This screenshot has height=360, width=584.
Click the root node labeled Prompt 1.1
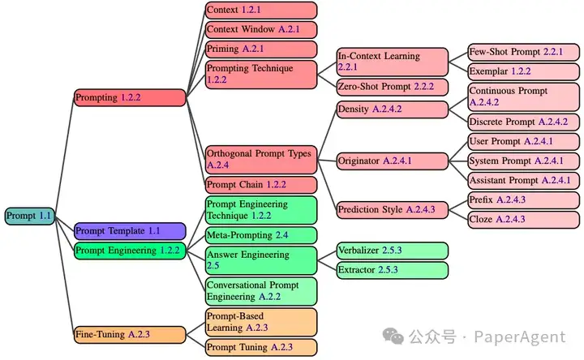pos(28,216)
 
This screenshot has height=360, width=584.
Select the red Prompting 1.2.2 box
pos(130,97)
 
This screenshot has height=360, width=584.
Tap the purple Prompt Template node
pos(130,231)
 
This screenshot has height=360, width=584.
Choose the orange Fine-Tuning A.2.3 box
pos(130,334)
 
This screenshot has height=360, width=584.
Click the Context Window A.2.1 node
pos(260,29)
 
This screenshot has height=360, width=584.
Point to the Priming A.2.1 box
pos(260,49)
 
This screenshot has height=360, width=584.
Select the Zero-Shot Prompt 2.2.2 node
pos(392,86)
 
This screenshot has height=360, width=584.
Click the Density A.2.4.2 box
pos(392,109)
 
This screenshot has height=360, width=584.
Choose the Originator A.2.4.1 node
pos(392,161)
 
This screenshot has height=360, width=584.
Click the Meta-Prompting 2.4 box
pos(260,235)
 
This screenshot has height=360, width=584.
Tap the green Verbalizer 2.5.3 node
pos(392,251)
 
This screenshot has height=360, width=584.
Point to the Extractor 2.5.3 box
pos(392,270)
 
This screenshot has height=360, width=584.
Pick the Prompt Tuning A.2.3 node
pos(260,347)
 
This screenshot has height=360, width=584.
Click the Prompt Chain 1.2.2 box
pos(260,185)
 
